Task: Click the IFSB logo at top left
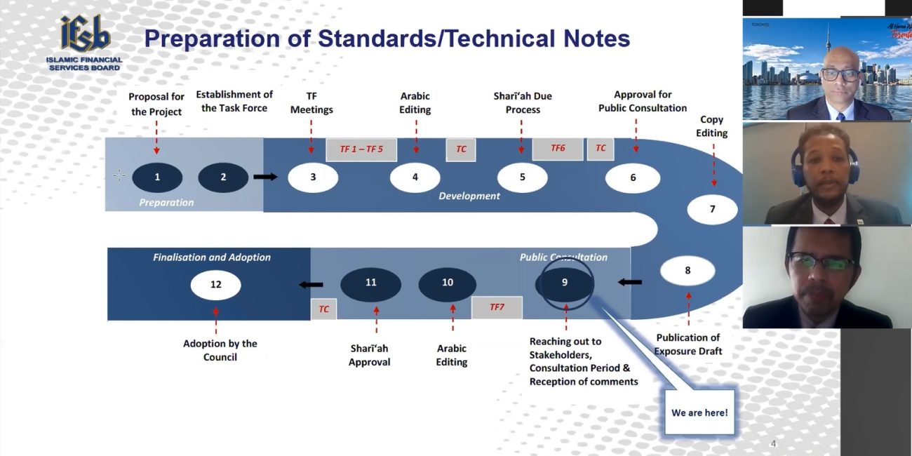84,43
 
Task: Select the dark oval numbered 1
157,177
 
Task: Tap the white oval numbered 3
313,177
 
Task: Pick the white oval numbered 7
712,209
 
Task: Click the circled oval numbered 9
564,283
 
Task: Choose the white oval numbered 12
216,285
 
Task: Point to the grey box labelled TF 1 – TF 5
361,149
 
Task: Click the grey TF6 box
558,149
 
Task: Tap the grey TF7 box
497,307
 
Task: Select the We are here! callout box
699,412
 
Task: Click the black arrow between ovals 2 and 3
265,177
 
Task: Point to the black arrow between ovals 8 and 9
630,282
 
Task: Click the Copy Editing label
711,126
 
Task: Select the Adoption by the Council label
220,350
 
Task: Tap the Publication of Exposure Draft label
688,344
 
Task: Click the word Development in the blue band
469,196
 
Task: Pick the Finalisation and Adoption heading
212,257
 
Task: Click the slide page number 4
774,444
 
